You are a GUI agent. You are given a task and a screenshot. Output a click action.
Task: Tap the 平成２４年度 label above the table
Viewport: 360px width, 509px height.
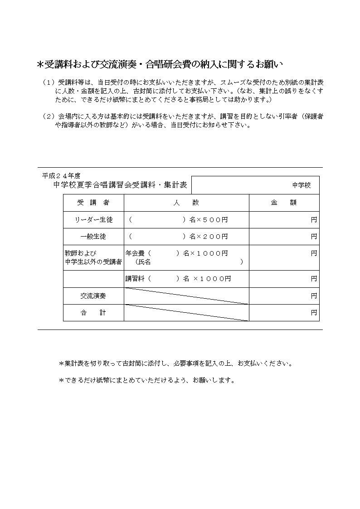61,176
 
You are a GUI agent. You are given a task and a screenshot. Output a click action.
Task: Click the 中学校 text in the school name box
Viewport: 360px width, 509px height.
302,185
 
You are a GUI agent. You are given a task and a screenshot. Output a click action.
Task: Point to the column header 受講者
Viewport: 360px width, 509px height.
93,203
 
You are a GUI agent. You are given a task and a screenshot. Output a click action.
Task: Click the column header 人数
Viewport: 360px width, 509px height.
186,203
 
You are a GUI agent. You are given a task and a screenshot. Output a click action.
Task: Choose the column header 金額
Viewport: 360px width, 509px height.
284,203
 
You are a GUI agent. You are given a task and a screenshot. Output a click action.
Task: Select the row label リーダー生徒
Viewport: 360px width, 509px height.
93,220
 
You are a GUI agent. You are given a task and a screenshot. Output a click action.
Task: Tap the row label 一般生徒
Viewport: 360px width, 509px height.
93,237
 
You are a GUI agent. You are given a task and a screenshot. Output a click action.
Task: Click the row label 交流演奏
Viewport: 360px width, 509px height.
93,296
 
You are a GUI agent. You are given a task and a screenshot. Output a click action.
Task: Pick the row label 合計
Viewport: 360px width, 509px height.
93,313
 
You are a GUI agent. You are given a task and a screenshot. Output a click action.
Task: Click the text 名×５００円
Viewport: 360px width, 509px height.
209,220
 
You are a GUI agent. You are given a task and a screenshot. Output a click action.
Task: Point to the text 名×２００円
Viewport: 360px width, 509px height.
209,237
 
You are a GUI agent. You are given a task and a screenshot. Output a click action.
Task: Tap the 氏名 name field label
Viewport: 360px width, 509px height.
145,262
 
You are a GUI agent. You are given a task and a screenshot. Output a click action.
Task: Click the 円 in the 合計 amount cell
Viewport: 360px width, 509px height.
314,313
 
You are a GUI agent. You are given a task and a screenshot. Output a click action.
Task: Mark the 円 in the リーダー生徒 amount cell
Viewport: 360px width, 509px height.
314,220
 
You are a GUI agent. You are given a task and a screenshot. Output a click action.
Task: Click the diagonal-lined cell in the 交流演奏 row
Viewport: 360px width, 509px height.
186,296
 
